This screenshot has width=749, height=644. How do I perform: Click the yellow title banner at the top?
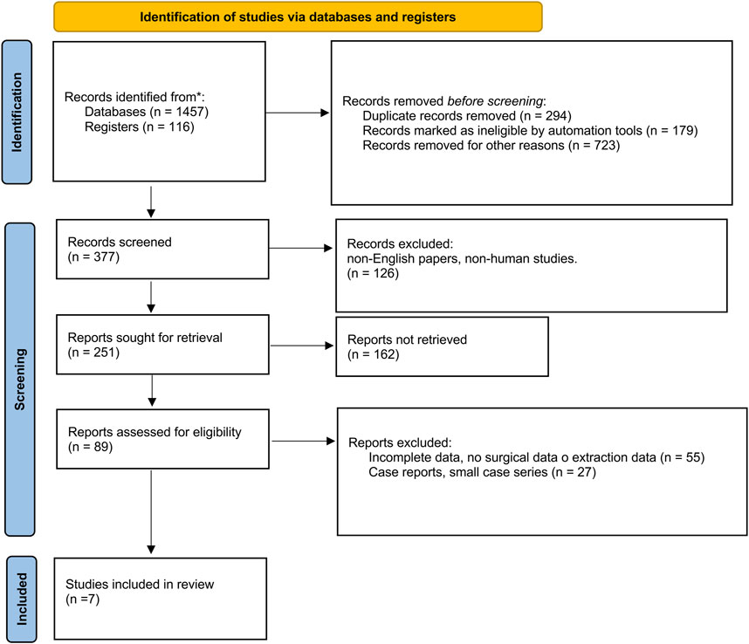coord(298,17)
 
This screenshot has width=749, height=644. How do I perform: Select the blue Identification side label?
coord(17,113)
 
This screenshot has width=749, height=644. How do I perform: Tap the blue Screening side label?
coord(19,380)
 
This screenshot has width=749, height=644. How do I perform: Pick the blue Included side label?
coord(22,599)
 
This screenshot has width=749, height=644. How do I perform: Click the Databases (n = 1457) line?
coord(147,112)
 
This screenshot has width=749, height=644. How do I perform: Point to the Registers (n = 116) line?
coord(140,127)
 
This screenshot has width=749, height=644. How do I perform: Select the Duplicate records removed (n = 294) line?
coord(467,116)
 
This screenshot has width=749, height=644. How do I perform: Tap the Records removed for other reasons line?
coord(491,145)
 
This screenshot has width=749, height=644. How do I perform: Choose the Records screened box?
coord(162,250)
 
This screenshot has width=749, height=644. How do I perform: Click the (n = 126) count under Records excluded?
coord(373,273)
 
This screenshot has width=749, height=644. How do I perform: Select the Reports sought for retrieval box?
coord(162,344)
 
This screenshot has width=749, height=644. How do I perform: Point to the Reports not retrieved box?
coord(442,346)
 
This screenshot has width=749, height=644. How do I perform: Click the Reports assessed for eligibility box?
coord(162,439)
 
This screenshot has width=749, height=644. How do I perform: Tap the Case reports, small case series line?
coord(482,472)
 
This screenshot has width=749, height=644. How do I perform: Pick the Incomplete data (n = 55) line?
coord(536,457)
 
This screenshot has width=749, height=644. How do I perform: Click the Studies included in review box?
coord(160,599)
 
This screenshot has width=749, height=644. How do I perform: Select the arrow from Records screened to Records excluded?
coord(301,248)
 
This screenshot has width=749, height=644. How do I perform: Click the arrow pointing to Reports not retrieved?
coord(302,346)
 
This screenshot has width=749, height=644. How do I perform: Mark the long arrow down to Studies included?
coord(151,511)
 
